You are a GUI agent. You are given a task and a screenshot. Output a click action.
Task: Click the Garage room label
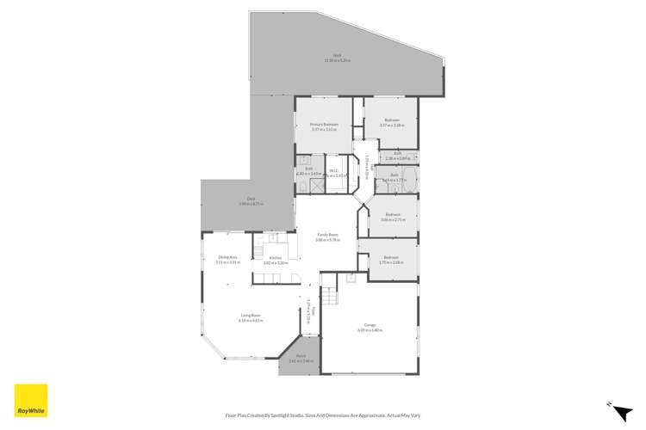click(x=370, y=326)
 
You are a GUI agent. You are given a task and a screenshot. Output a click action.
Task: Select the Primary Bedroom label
click(x=324, y=127)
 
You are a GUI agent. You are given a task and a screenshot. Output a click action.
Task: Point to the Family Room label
click(x=327, y=236)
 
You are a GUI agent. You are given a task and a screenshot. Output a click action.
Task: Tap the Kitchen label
click(x=276, y=260)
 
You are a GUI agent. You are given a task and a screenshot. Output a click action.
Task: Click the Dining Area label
click(x=227, y=260)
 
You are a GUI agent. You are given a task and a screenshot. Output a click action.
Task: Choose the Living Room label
click(x=251, y=317)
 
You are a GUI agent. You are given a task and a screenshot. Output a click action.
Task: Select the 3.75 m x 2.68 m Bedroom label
click(x=391, y=260)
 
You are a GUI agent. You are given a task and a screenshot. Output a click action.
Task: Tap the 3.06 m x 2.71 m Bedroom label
click(x=393, y=217)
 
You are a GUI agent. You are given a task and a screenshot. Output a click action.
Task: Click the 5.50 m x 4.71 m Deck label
click(x=251, y=201)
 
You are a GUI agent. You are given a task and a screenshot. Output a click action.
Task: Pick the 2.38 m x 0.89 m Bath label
click(x=397, y=157)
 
